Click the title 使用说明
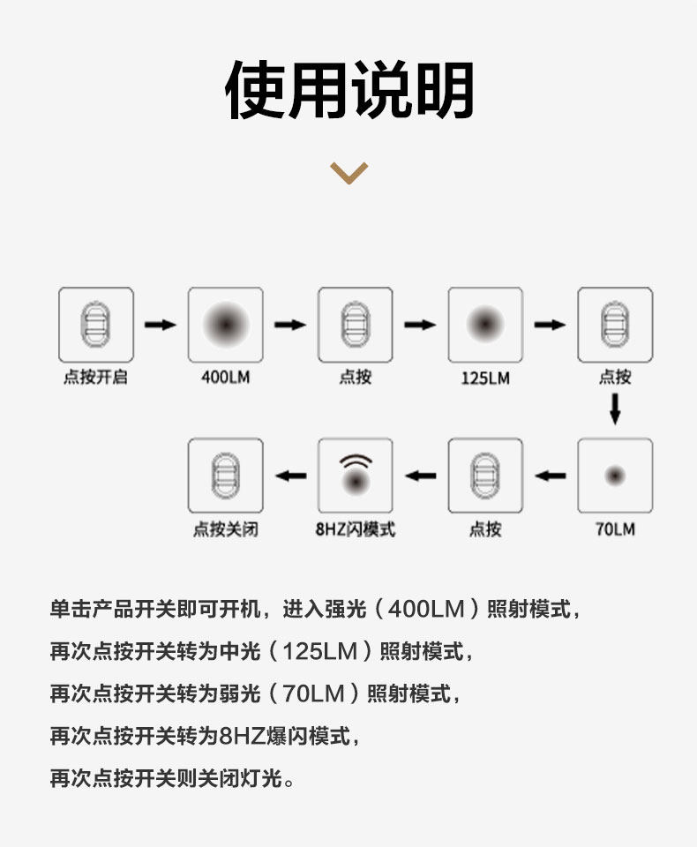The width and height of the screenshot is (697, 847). [x=349, y=90]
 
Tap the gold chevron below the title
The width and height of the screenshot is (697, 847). [x=348, y=171]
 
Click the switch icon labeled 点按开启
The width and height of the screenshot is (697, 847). [x=96, y=325]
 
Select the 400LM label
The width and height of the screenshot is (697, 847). [x=225, y=378]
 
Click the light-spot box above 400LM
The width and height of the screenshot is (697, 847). [x=225, y=325]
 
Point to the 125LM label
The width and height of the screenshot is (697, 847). [x=485, y=378]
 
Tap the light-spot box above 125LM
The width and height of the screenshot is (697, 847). [x=485, y=325]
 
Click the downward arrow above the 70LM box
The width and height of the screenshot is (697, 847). [x=615, y=408]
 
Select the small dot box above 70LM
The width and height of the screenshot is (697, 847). [x=615, y=476]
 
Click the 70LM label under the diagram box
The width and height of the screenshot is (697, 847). [x=615, y=529]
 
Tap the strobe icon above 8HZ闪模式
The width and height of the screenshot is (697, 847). [x=356, y=476]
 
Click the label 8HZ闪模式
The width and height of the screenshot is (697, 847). [x=356, y=529]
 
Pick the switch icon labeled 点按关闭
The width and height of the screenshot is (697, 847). [x=225, y=476]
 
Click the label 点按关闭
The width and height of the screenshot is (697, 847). [x=225, y=529]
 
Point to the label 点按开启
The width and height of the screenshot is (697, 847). [x=95, y=378]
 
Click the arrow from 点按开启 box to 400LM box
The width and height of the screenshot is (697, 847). [x=161, y=325]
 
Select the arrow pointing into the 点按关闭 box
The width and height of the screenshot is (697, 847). [x=290, y=476]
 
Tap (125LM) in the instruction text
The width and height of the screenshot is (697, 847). [x=319, y=652]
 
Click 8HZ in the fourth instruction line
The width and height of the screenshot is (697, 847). [x=236, y=736]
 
